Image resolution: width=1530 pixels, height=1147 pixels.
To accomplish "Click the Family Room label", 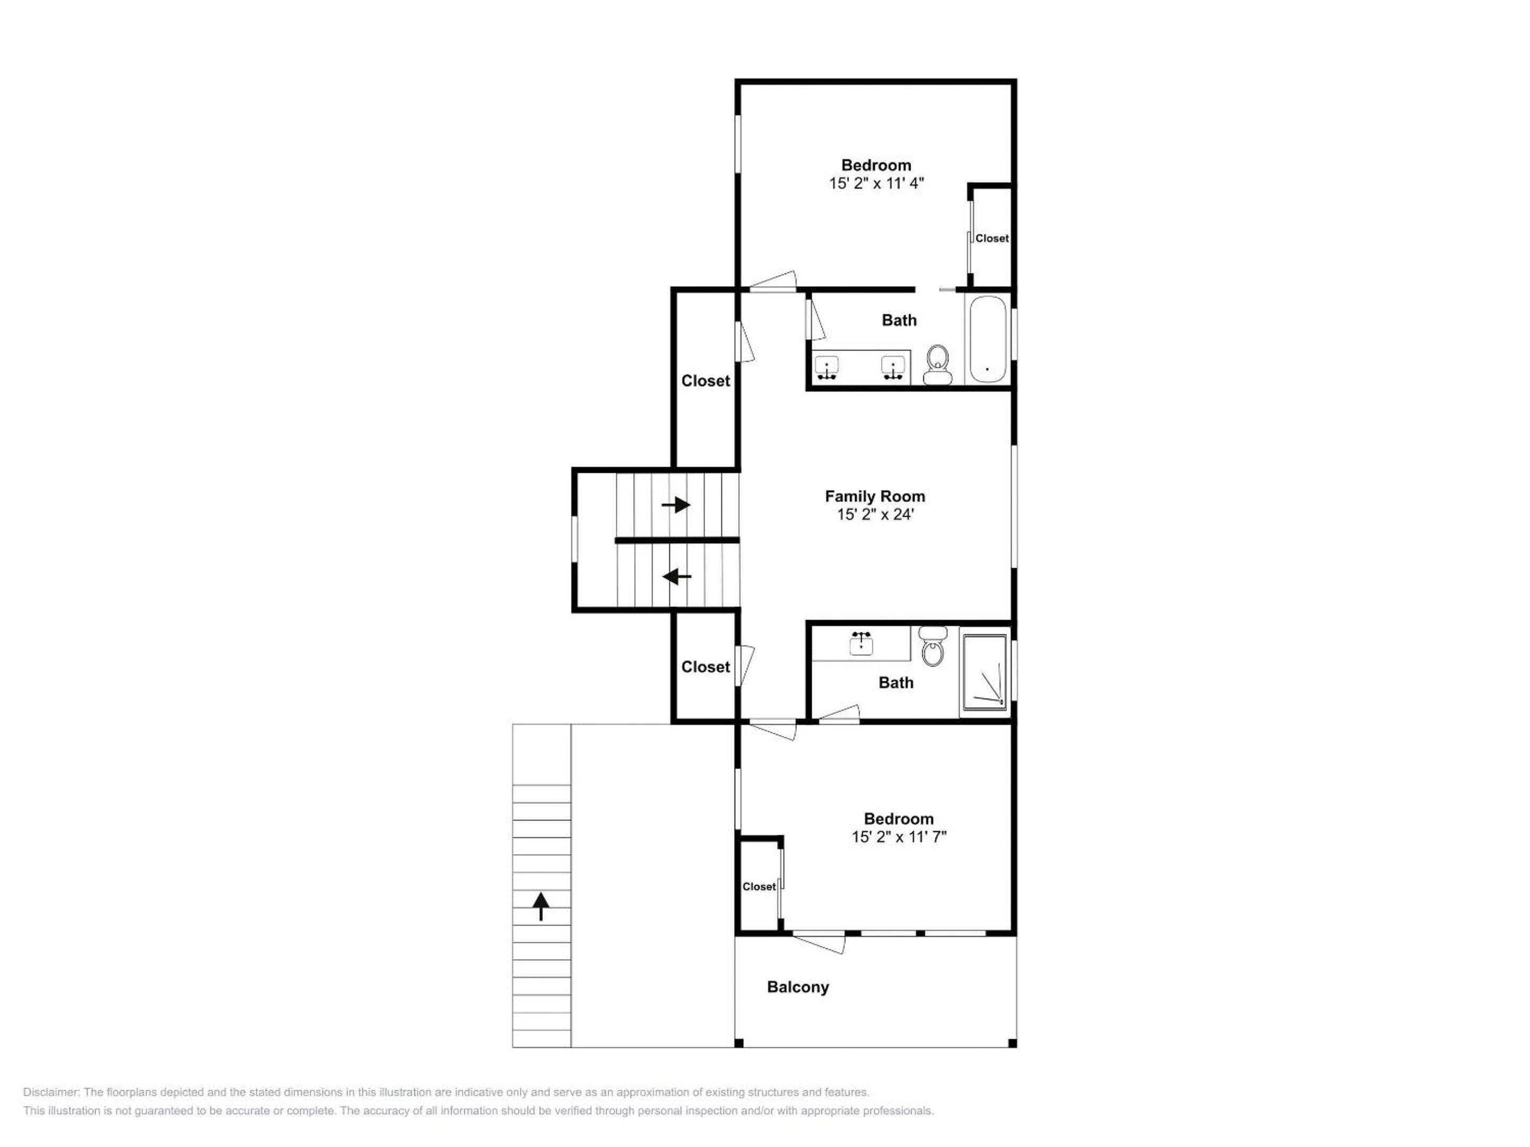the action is (874, 497).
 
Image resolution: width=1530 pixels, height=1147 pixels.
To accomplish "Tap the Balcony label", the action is (797, 987).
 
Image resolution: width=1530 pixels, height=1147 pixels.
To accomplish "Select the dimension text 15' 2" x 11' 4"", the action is (877, 183).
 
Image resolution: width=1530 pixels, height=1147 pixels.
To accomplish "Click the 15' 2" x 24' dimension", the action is (875, 515).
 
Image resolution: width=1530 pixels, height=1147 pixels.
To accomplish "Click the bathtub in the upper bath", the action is (987, 339).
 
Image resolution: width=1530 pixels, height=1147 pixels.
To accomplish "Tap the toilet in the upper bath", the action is (937, 364).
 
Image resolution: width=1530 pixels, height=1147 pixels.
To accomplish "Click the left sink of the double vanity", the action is (827, 368).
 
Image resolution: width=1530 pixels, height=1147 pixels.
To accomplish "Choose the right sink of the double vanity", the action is (894, 368).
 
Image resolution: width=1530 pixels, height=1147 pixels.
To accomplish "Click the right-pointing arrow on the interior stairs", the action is (676, 504).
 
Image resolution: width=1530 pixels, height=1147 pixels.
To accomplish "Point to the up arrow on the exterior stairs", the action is (540, 906).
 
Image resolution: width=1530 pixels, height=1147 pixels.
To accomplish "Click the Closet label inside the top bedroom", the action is (992, 238).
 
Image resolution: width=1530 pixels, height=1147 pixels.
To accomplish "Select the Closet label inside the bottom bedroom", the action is (759, 887).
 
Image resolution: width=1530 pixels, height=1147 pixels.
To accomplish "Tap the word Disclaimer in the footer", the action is (51, 1092).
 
